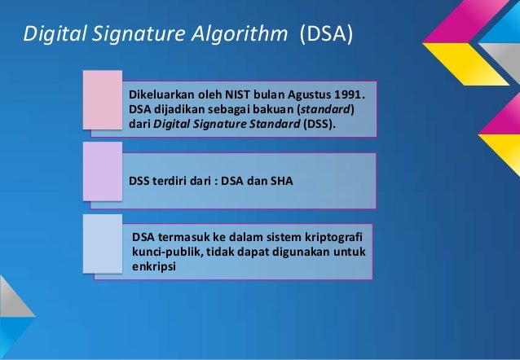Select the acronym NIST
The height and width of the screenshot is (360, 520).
pos(251,95)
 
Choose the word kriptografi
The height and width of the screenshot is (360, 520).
pos(337,237)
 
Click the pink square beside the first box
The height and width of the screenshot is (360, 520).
pos(104,99)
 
